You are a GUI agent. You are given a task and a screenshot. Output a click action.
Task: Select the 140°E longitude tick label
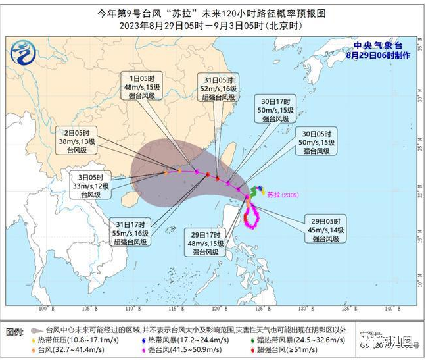click(389, 309)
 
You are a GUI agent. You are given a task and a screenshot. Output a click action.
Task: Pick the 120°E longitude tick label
click(217, 309)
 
